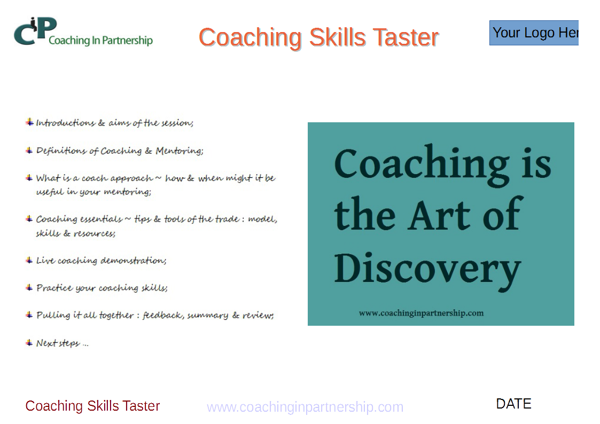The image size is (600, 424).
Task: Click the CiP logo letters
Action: (35, 31)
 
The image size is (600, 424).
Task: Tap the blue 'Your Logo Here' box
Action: (534, 33)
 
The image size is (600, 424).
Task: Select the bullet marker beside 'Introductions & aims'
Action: (29, 122)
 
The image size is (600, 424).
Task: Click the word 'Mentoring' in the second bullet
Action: (179, 151)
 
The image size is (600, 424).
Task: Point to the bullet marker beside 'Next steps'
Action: (29, 343)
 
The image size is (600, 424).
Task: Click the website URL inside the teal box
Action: (422, 313)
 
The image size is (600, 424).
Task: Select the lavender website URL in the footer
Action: (305, 407)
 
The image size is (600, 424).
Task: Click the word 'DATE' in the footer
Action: (513, 404)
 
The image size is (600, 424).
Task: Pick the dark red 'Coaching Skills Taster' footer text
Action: (92, 406)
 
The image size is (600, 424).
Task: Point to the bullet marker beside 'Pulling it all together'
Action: (29, 315)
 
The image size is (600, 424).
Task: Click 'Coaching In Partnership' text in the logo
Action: (100, 40)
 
